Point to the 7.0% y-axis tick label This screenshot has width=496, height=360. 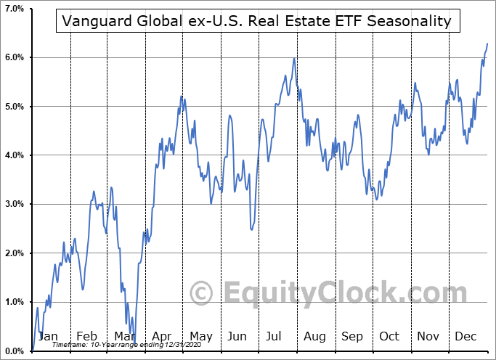click(14, 8)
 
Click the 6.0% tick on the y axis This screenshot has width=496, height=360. click(14, 57)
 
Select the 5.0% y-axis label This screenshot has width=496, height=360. click(14, 106)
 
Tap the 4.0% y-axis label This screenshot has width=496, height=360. click(14, 155)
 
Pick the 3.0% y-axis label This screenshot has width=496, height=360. click(14, 204)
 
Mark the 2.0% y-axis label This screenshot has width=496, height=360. click(14, 253)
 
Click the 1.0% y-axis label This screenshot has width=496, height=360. click(14, 302)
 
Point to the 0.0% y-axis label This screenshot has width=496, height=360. click(14, 351)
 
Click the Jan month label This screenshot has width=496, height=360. click(48, 336)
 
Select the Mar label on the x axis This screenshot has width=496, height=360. click(123, 336)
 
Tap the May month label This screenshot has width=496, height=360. click(200, 336)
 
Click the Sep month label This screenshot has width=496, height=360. click(351, 336)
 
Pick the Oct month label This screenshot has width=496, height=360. click(389, 336)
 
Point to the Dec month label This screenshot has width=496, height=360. click(465, 336)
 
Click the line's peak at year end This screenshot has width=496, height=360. click(487, 44)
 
